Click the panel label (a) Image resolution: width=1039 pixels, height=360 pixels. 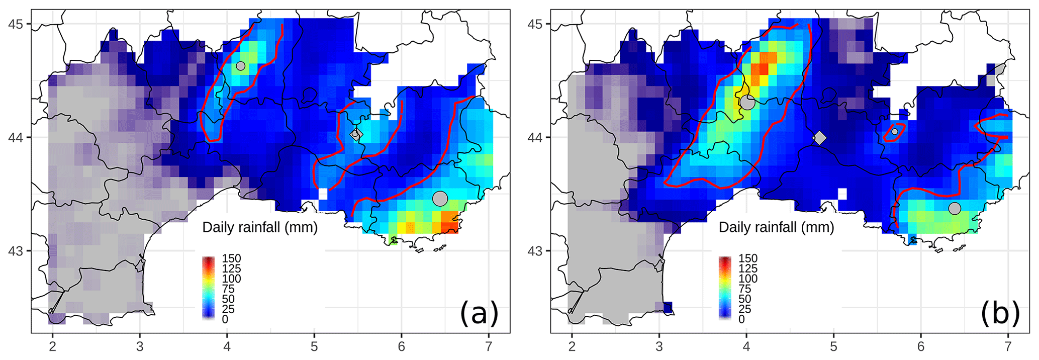click(x=479, y=313)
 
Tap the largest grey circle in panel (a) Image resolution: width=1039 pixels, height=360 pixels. click(x=440, y=198)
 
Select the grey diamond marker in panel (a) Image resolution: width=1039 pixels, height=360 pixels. click(x=356, y=134)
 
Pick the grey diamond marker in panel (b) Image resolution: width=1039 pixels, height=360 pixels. click(x=820, y=138)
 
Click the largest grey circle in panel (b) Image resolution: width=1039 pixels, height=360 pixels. click(x=747, y=102)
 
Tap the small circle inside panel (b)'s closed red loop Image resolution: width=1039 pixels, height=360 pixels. click(x=895, y=132)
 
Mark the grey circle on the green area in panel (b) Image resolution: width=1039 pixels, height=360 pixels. click(x=955, y=208)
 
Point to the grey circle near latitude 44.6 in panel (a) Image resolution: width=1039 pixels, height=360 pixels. click(x=241, y=66)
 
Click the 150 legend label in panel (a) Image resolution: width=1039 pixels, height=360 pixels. click(x=231, y=258)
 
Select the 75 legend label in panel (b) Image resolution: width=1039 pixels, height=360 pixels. click(x=745, y=289)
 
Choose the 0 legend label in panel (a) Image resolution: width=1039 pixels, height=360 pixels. click(x=225, y=319)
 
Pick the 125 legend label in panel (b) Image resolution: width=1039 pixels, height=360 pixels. click(x=748, y=268)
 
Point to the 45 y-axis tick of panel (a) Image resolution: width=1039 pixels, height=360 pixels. click(x=19, y=24)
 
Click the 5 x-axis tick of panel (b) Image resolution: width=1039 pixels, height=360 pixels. click(x=833, y=346)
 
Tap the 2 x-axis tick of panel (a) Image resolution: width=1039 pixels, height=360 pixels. click(x=52, y=346)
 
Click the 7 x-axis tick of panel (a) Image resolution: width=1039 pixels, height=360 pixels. click(x=489, y=346)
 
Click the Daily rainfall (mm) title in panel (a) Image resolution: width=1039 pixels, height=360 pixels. click(x=260, y=227)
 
